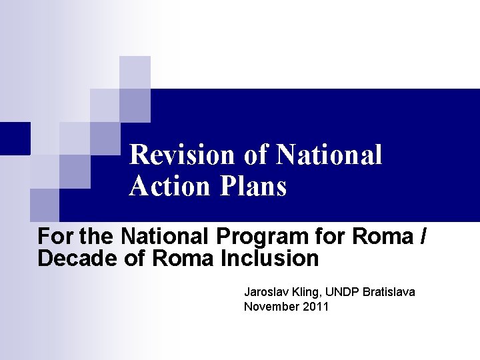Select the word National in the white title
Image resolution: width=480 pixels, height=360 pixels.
pyautogui.click(x=329, y=155)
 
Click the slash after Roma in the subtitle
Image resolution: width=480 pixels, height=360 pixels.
pyautogui.click(x=424, y=236)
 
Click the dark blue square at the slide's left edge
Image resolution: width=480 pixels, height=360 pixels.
pyautogui.click(x=15, y=138)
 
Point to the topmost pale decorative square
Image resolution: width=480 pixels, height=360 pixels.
pyautogui.click(x=135, y=72)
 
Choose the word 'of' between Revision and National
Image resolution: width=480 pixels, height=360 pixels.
pyautogui.click(x=255, y=155)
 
